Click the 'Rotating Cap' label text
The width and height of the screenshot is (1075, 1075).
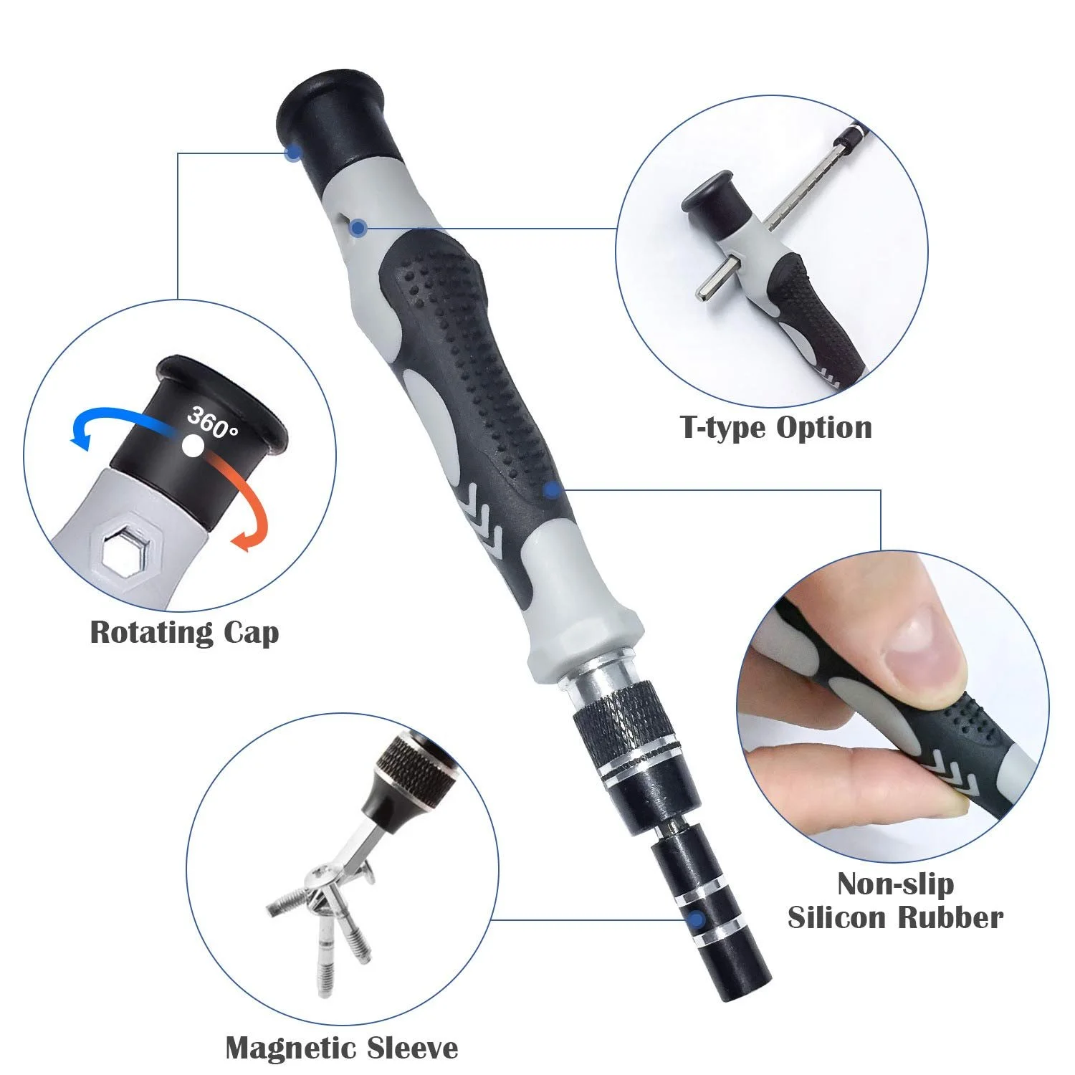pos(184,633)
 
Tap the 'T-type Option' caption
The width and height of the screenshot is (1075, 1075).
pos(776,428)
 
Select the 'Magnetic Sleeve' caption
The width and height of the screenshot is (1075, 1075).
pos(342,1048)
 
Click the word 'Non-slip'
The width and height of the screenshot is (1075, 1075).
pos(895,884)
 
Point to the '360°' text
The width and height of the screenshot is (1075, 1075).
pos(212,423)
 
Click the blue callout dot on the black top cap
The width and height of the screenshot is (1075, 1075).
pos(292,153)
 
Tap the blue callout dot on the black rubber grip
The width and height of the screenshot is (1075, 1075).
pos(551,490)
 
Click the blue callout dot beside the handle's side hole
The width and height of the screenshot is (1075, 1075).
pos(359,228)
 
